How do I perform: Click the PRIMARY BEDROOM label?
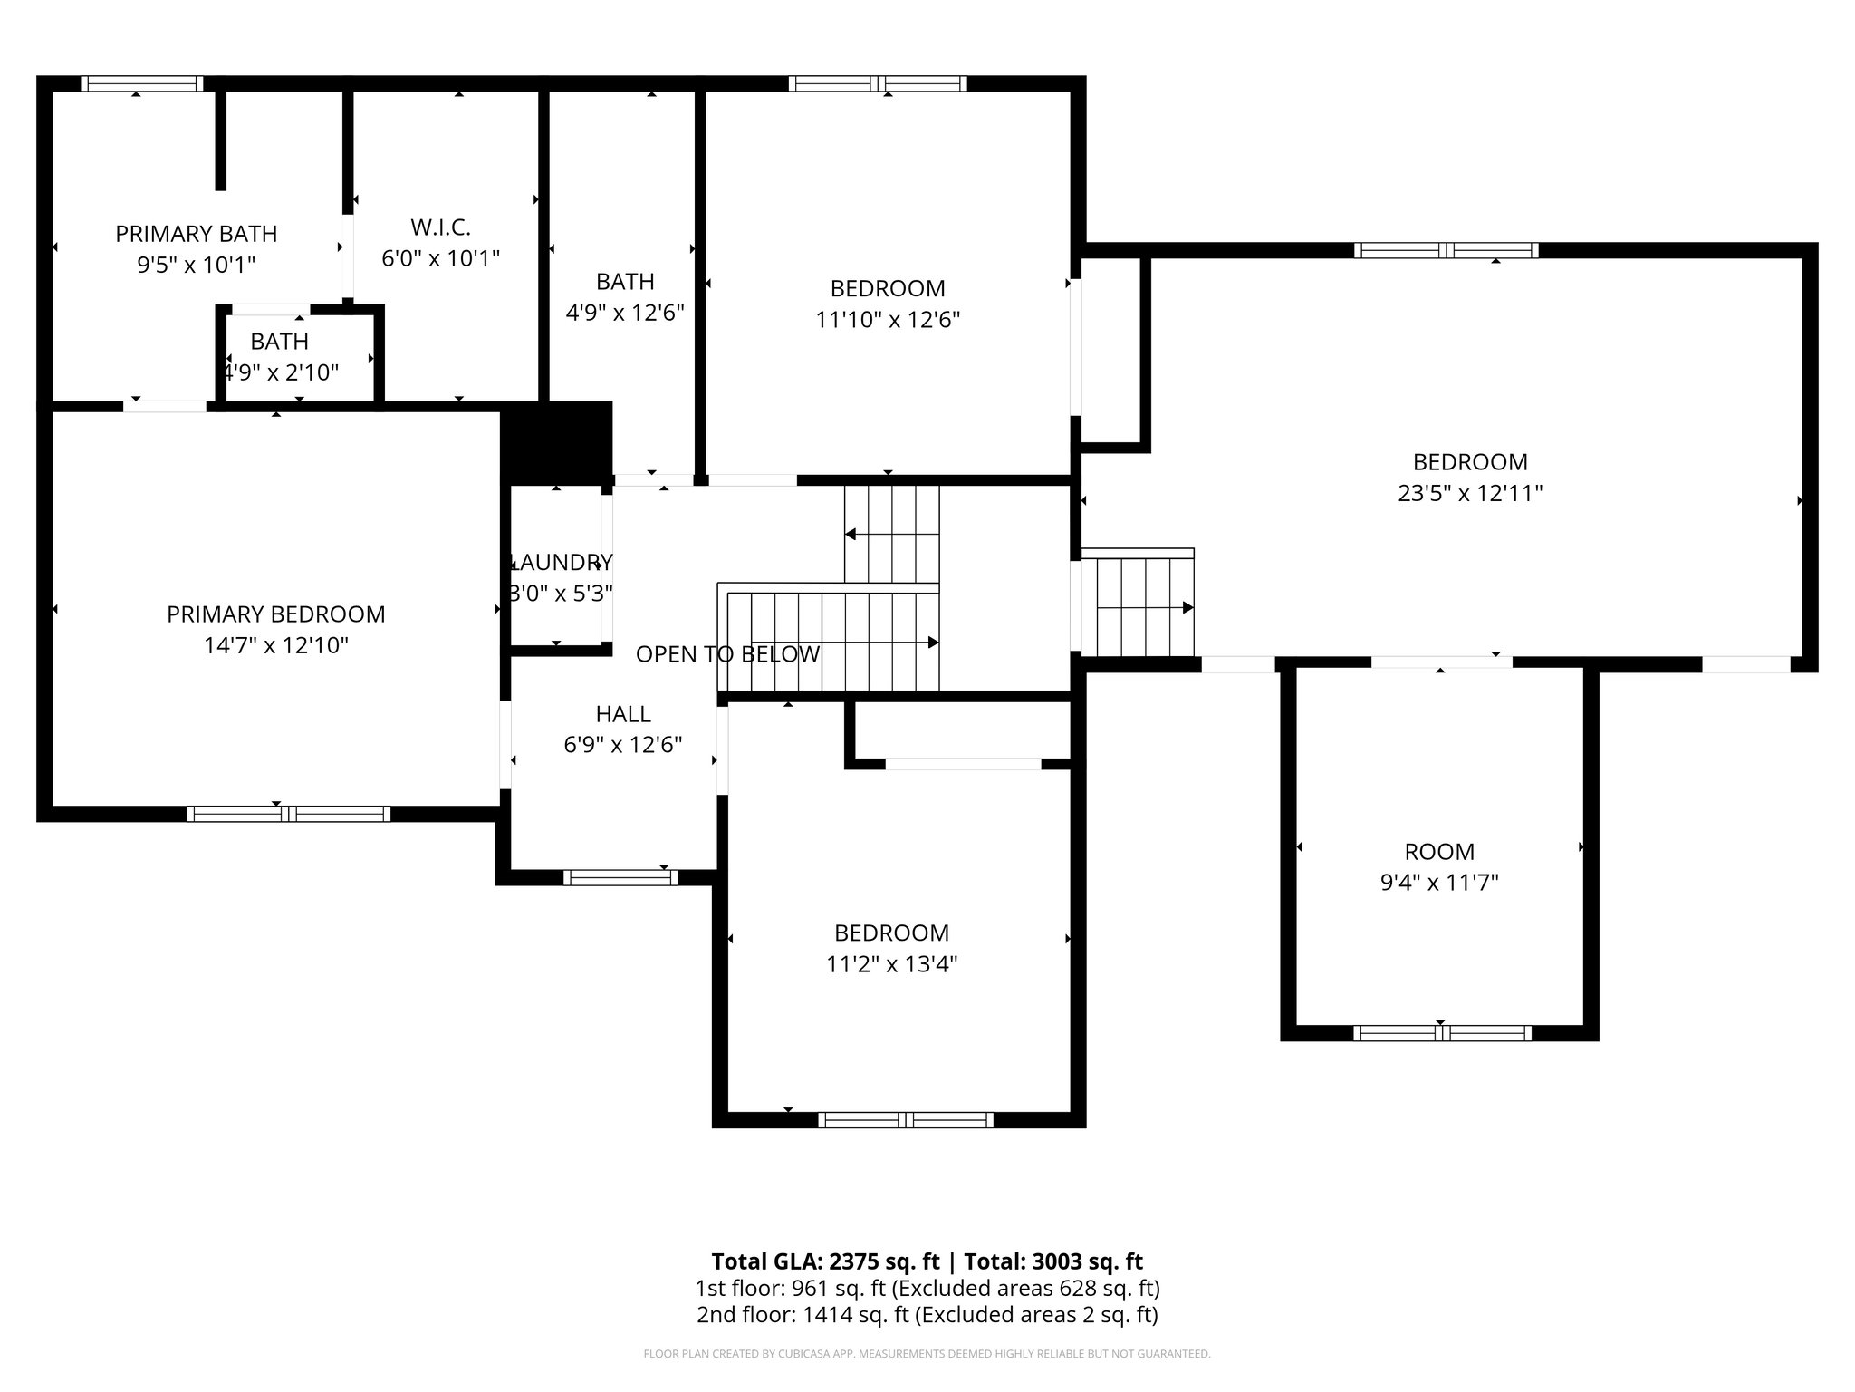pyautogui.click(x=275, y=614)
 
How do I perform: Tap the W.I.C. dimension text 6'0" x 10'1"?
pyautogui.click(x=440, y=259)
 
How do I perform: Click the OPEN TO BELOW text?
pyautogui.click(x=727, y=654)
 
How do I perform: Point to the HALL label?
pyautogui.click(x=623, y=714)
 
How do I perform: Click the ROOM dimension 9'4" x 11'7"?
pyautogui.click(x=1439, y=883)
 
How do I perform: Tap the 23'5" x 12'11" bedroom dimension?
pyautogui.click(x=1470, y=494)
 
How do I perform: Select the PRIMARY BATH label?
pyautogui.click(x=196, y=234)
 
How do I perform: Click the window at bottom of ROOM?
pyautogui.click(x=1442, y=1033)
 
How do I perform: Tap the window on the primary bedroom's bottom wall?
pyautogui.click(x=288, y=814)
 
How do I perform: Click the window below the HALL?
pyautogui.click(x=620, y=877)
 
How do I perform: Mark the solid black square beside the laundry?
pyautogui.click(x=556, y=440)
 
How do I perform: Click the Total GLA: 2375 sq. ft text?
pyautogui.click(x=828, y=1261)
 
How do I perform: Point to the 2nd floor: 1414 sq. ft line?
pyautogui.click(x=927, y=1315)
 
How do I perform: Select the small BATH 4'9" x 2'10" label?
pyautogui.click(x=280, y=342)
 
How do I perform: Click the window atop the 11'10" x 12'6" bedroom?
pyautogui.click(x=878, y=84)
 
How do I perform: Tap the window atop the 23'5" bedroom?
pyautogui.click(x=1446, y=251)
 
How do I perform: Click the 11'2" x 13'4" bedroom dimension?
pyautogui.click(x=891, y=964)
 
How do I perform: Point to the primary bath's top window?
pyautogui.click(x=141, y=84)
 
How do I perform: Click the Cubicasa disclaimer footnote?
pyautogui.click(x=927, y=1354)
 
